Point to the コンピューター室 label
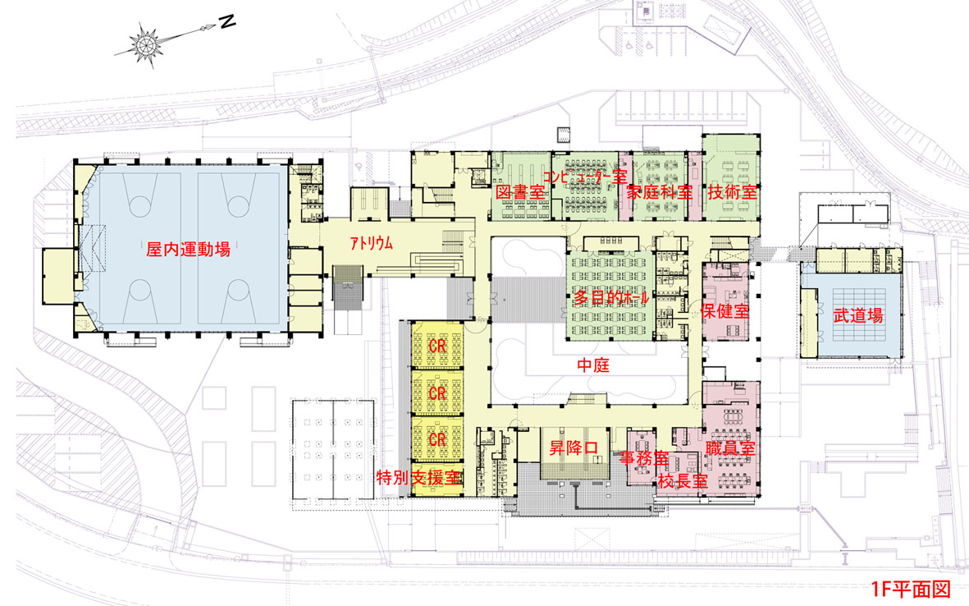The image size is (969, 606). (x=584, y=176)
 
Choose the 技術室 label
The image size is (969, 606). (x=733, y=191)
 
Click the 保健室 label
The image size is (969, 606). (x=727, y=313)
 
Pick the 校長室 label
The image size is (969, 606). (x=682, y=480)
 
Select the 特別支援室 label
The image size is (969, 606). (x=418, y=477)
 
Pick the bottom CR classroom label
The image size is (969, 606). (x=437, y=440)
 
